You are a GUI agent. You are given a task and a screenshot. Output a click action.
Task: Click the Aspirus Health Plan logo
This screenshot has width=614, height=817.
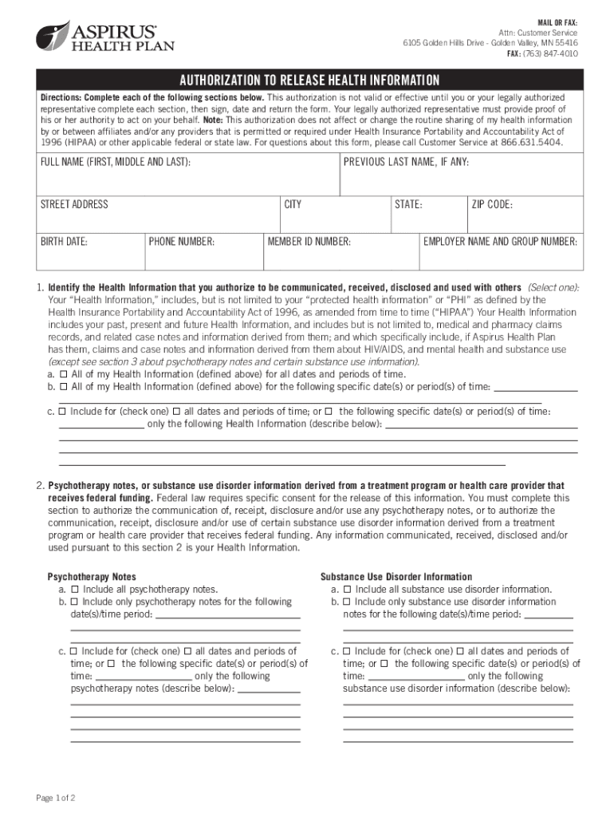tap(104, 37)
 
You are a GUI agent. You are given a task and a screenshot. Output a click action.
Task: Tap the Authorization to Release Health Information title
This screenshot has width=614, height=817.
tap(309, 81)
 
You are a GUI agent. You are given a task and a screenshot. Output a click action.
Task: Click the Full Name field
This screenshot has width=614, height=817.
tap(188, 176)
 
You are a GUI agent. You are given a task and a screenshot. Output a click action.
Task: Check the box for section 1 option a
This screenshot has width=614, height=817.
tap(64, 374)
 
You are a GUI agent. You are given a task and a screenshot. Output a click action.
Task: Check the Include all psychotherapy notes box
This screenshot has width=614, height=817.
tap(74, 590)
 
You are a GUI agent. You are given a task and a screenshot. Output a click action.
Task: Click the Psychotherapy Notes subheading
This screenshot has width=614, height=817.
tap(92, 577)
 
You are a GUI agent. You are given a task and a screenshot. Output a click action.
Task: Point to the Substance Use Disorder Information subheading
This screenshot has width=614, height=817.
tap(396, 577)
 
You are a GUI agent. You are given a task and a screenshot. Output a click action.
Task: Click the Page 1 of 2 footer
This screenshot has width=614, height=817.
tap(56, 797)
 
